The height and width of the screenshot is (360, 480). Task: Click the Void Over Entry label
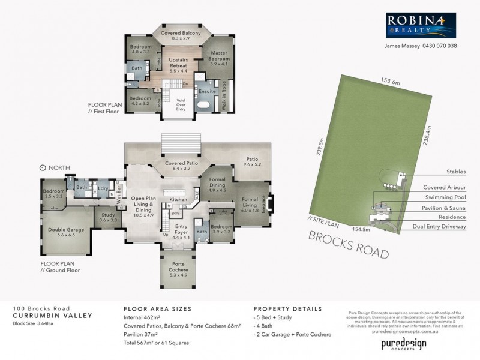point(180,104)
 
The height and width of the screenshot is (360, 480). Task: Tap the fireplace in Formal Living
point(272,205)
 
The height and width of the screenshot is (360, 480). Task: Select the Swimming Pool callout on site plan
point(445,197)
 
